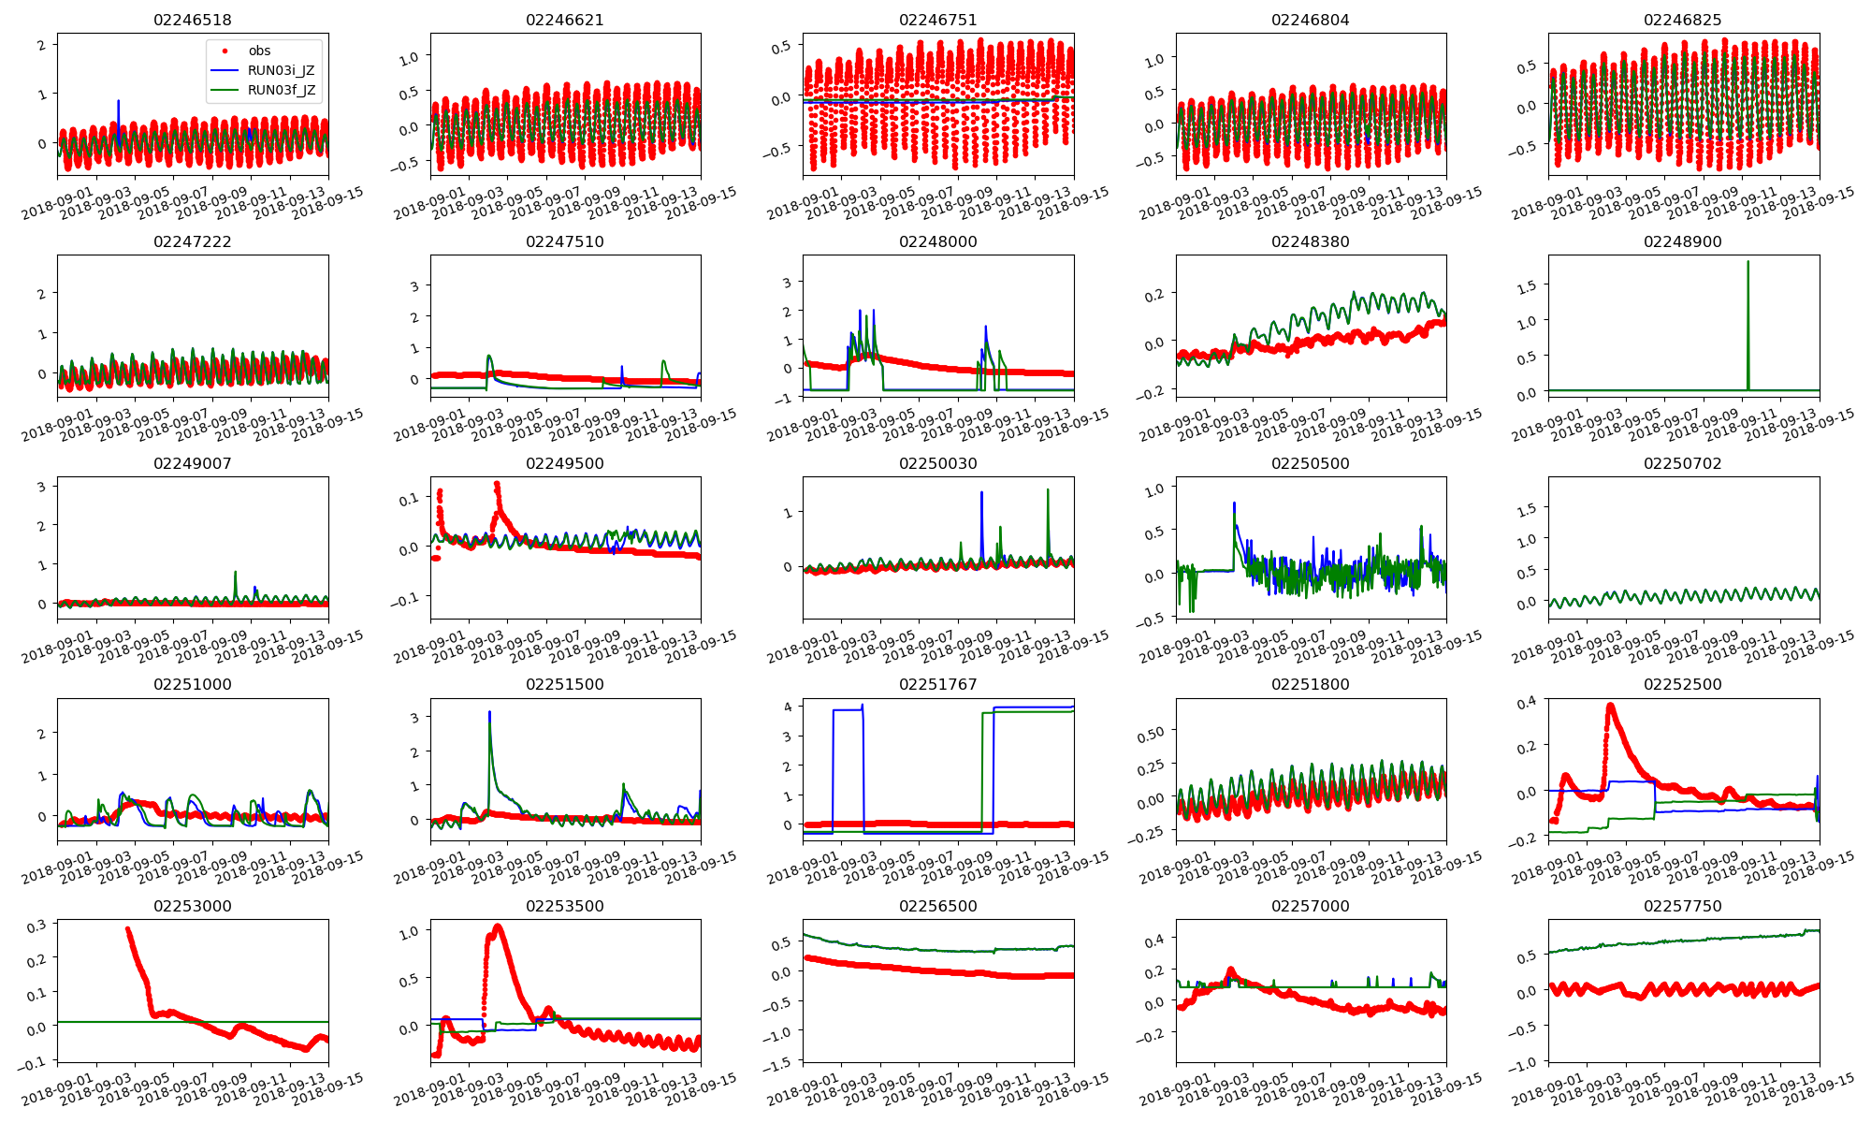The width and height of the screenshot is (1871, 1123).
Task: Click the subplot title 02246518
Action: coord(192,20)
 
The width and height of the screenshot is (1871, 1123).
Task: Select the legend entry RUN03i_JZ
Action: coord(281,70)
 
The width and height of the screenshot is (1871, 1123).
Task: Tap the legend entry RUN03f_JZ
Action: coord(281,91)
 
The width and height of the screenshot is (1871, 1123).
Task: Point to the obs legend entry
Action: coord(259,51)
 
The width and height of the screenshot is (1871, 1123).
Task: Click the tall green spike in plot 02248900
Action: coord(1748,263)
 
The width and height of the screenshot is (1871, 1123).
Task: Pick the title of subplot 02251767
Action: coord(937,684)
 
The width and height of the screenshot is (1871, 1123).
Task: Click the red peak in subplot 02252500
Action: coord(1610,706)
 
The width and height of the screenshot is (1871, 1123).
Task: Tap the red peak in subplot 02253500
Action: coord(497,926)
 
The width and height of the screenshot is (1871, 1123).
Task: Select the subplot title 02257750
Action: coord(1682,906)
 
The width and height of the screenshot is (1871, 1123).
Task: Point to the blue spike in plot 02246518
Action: coord(118,101)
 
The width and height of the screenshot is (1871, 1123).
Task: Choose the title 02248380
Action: coord(1310,241)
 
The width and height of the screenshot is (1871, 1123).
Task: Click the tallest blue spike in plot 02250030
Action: coord(981,493)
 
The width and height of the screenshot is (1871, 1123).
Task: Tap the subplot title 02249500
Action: coord(564,463)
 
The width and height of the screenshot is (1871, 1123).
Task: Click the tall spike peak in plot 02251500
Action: coord(489,713)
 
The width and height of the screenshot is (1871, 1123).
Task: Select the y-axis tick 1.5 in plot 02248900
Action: coord(1530,285)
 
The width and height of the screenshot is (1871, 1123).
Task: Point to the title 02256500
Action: coord(937,906)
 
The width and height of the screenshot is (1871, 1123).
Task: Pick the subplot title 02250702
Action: coord(1682,463)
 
